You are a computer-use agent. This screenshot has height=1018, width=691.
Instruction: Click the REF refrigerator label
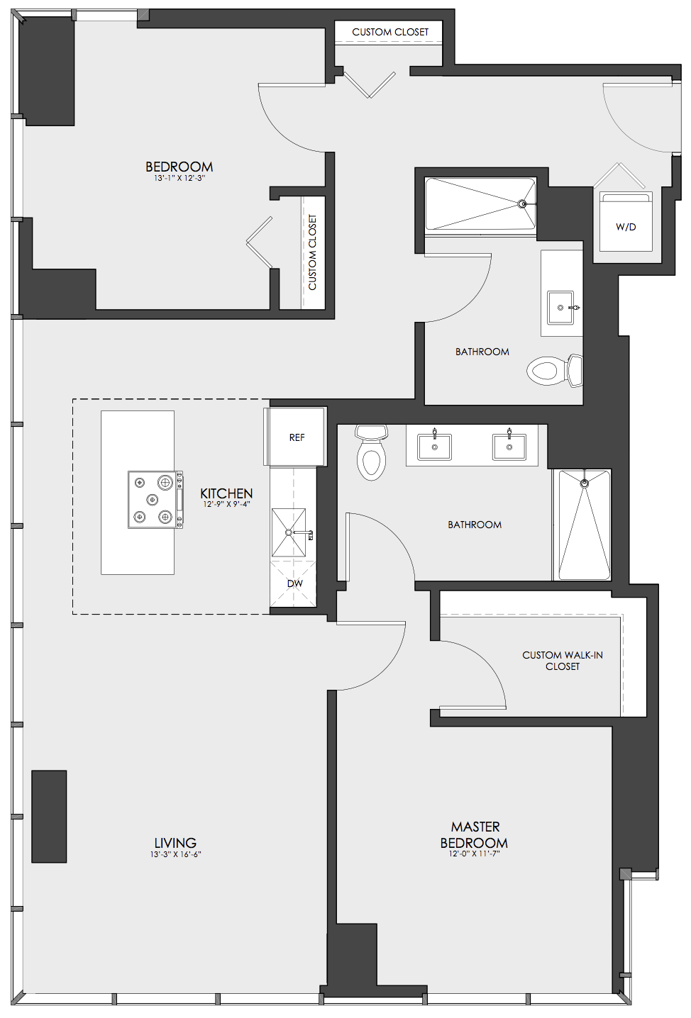pyautogui.click(x=297, y=437)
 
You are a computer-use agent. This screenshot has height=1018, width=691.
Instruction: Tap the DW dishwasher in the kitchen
pyautogui.click(x=293, y=583)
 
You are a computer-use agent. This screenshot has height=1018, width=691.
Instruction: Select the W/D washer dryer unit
pyautogui.click(x=626, y=221)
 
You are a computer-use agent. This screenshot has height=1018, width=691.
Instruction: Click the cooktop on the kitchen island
pyautogui.click(x=155, y=500)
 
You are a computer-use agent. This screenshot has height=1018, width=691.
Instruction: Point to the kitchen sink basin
pyautogui.click(x=289, y=532)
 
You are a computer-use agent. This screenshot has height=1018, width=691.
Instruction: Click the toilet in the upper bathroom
pyautogui.click(x=555, y=370)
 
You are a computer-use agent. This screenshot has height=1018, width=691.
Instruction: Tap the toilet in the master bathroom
pyautogui.click(x=371, y=452)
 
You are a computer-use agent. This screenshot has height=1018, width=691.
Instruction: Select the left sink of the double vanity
pyautogui.click(x=434, y=447)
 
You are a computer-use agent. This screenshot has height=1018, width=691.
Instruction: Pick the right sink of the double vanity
pyautogui.click(x=509, y=447)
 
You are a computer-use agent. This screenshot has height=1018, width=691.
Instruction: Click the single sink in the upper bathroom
pyautogui.click(x=560, y=308)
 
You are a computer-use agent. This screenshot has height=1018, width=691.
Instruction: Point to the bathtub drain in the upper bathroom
pyautogui.click(x=523, y=204)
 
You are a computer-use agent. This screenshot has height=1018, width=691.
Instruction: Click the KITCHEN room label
pyautogui.click(x=226, y=493)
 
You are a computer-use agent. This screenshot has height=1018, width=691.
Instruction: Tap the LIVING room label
pyautogui.click(x=175, y=843)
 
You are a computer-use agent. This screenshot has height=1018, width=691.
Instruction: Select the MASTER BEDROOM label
pyautogui.click(x=474, y=834)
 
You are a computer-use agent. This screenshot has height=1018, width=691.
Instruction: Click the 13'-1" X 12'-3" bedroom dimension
pyautogui.click(x=179, y=179)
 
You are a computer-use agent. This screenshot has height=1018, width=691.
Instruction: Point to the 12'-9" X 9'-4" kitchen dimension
pyautogui.click(x=226, y=504)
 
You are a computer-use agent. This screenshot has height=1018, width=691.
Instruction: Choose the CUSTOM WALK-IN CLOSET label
pyautogui.click(x=563, y=660)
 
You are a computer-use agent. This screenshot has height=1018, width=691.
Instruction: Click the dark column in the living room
pyautogui.click(x=49, y=816)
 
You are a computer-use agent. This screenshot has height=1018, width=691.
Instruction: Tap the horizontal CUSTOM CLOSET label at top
pyautogui.click(x=390, y=33)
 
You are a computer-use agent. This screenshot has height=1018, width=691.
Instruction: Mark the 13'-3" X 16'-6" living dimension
pyautogui.click(x=176, y=854)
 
